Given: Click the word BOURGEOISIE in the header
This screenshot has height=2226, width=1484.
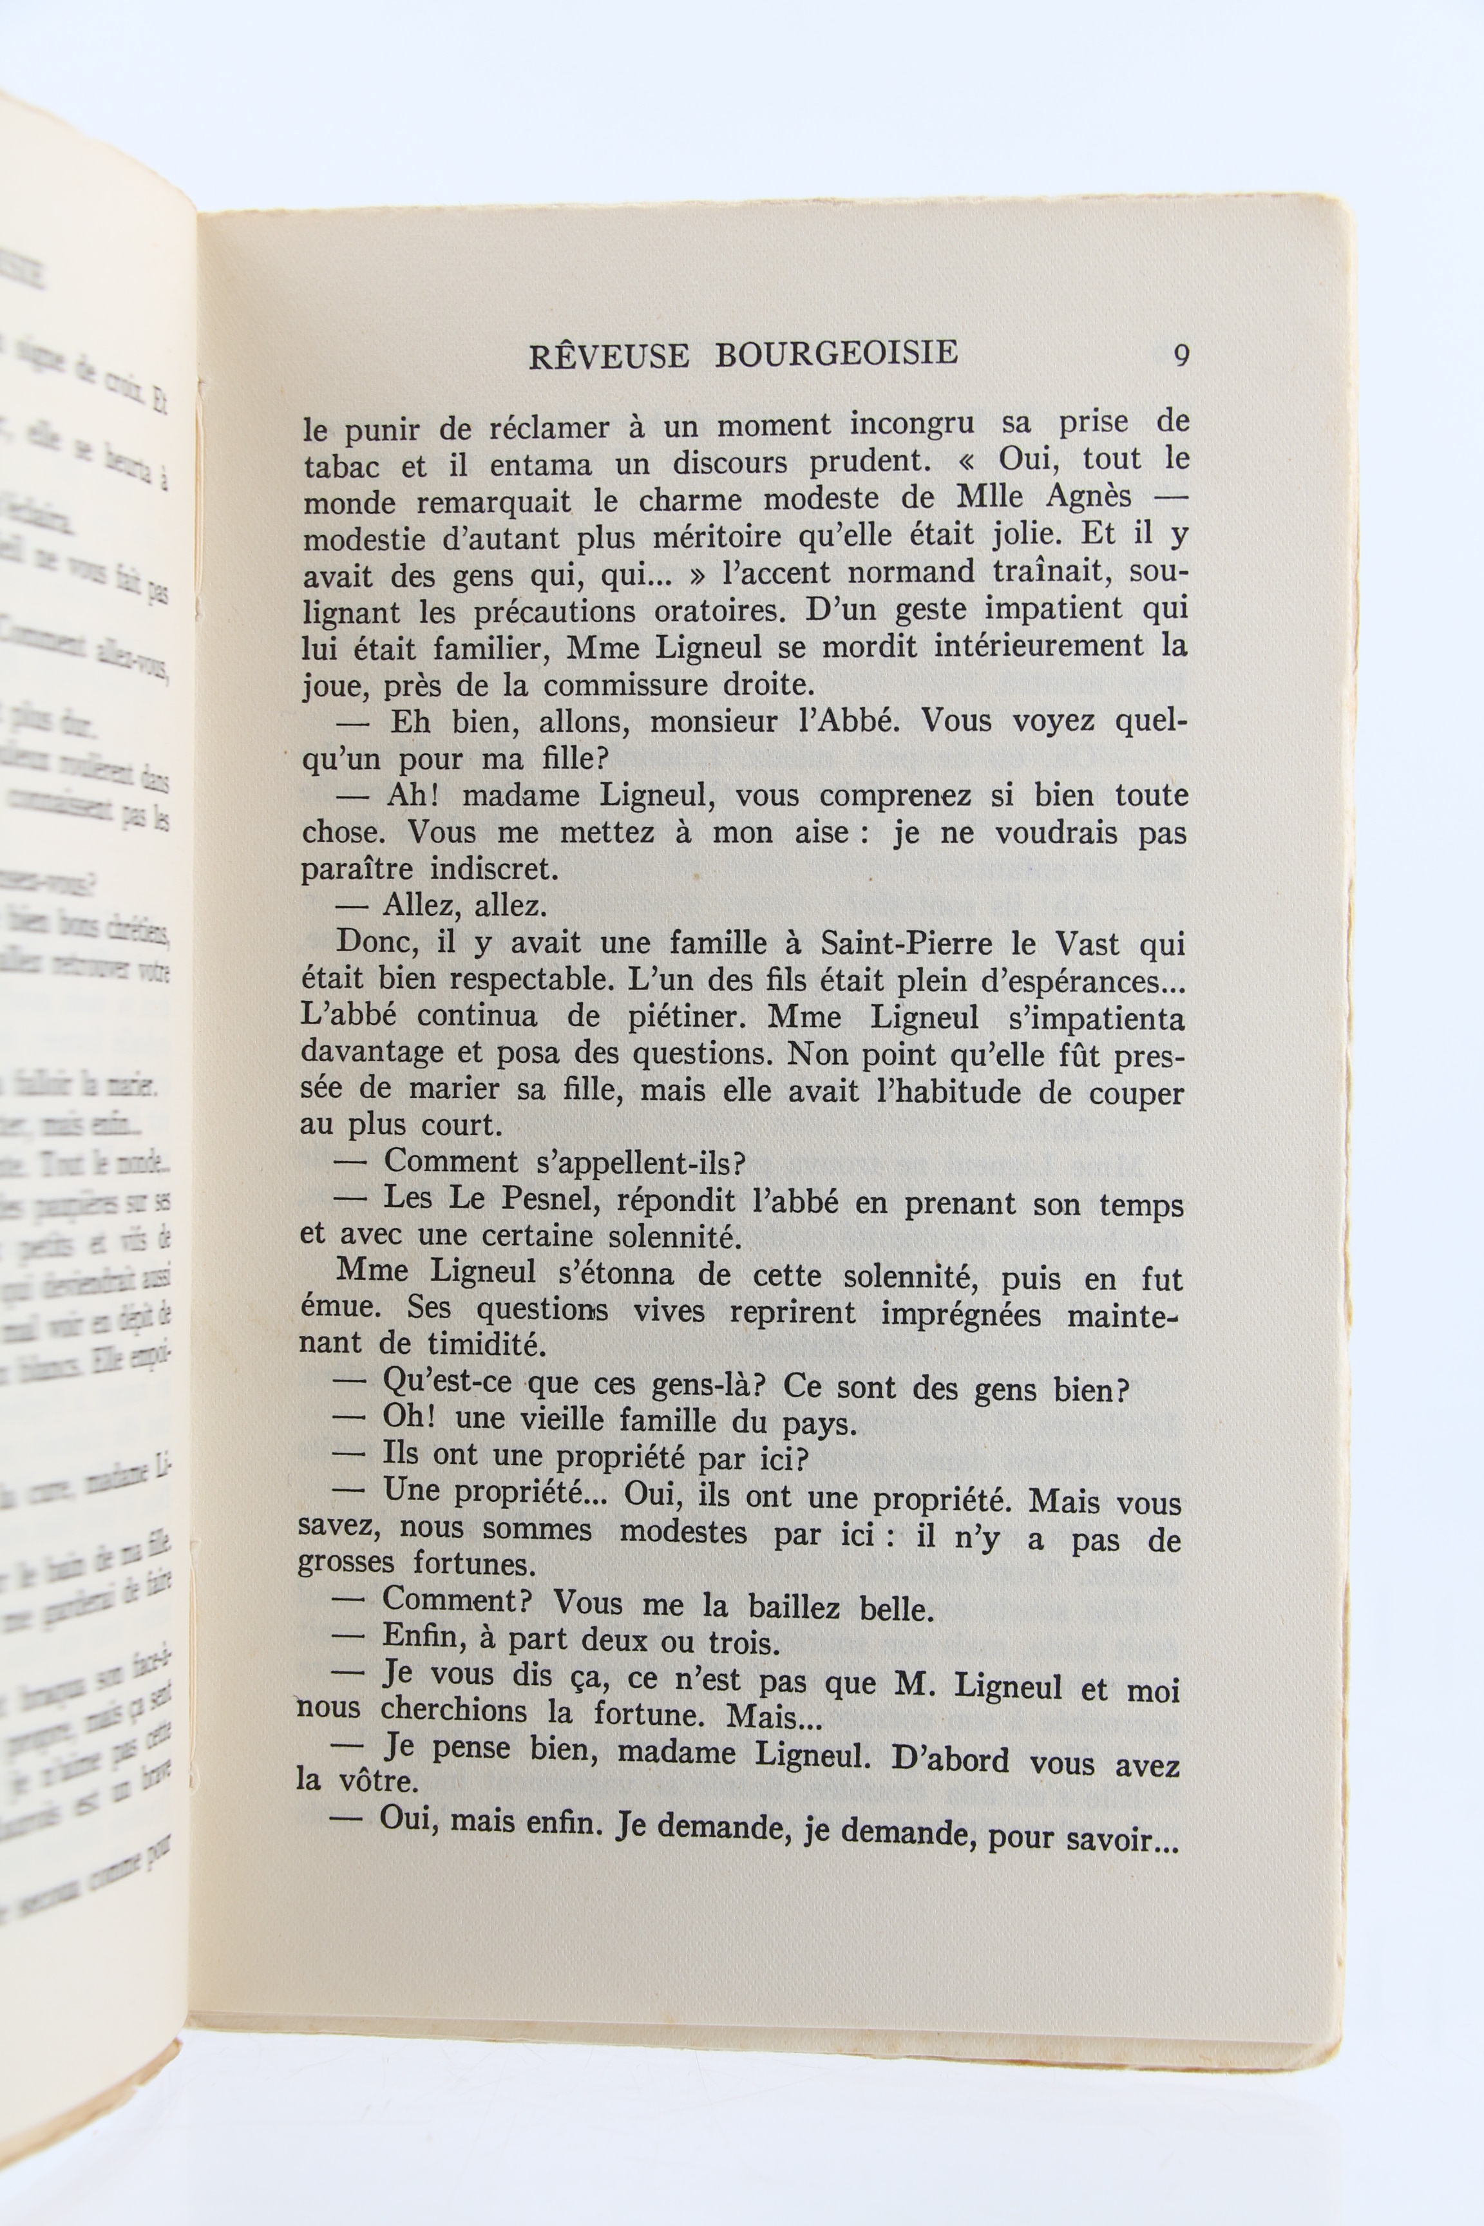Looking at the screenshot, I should click(837, 353).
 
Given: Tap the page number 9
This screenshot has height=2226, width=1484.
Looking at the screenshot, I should click(1181, 356).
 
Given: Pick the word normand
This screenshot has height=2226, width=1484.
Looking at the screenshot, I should click(911, 573).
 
